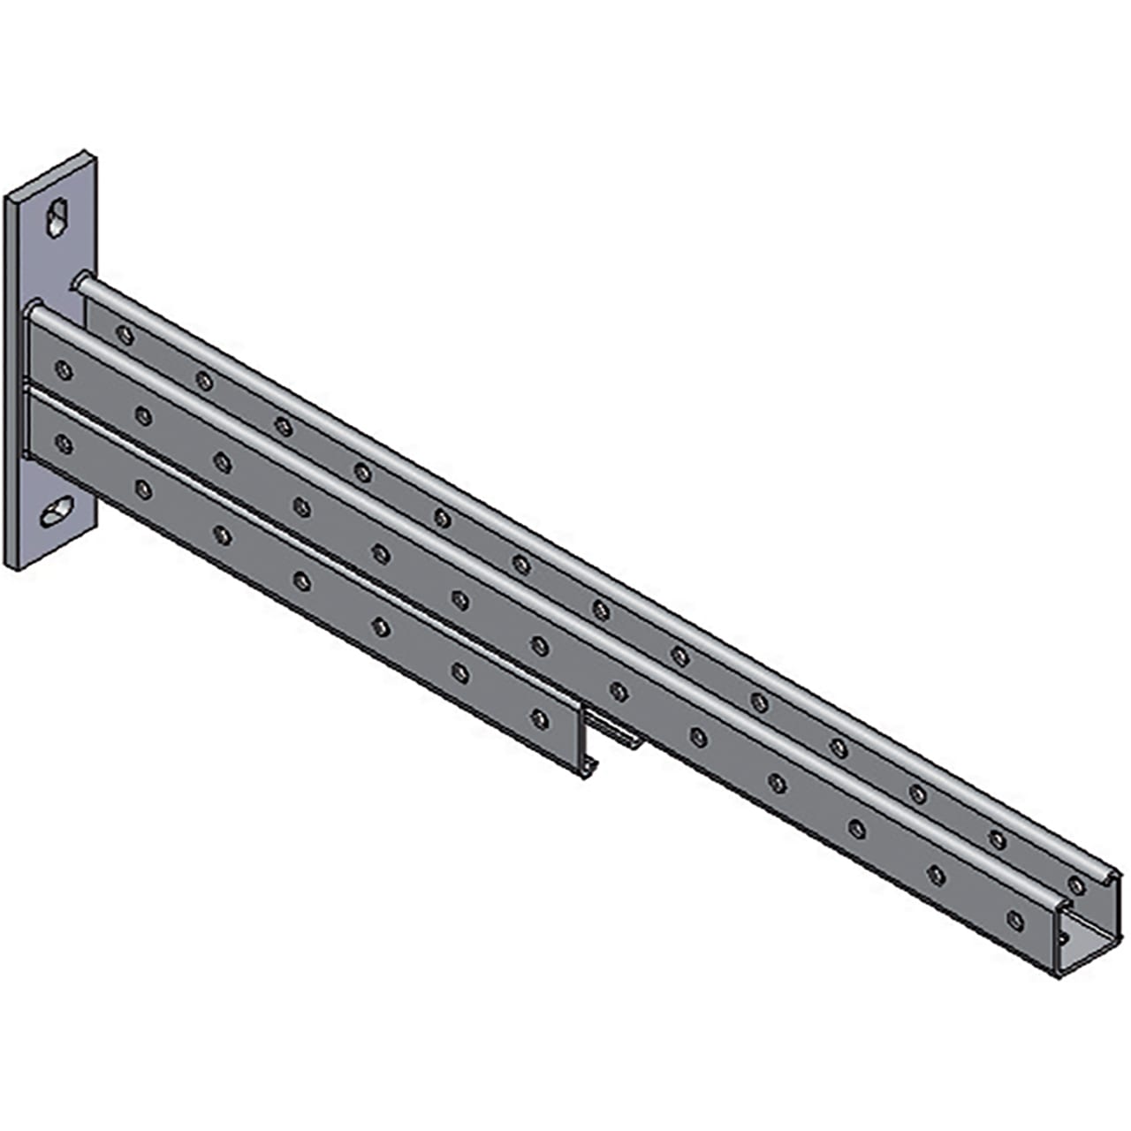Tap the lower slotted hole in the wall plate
pos(59,512)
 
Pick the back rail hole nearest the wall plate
pos(125,335)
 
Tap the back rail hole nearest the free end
pos(1076,885)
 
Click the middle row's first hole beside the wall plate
pos(64,369)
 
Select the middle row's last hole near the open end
pos(1015,920)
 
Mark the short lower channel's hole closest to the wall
pos(64,443)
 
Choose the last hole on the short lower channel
pos(539,718)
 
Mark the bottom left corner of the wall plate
pos(9,566)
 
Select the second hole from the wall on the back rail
pos(204,381)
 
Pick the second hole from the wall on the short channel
pos(143,489)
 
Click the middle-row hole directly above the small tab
pos(619,691)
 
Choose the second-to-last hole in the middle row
pos(936,874)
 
